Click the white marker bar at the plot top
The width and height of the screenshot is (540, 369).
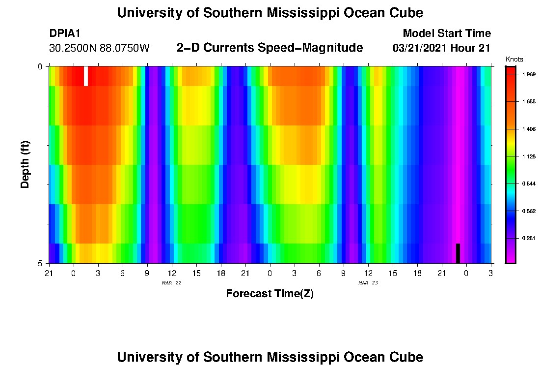[86, 76]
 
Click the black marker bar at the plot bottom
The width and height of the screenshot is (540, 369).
[458, 253]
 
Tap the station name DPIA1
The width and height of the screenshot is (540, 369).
[65, 33]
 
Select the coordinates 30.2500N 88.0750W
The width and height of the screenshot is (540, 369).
[99, 48]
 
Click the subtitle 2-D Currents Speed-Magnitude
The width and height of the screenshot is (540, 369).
[270, 48]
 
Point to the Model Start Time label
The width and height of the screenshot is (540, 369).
[446, 33]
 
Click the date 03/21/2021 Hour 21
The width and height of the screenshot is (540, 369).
[442, 48]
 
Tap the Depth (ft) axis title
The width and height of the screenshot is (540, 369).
[26, 164]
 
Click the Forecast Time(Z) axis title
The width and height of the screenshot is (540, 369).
[270, 294]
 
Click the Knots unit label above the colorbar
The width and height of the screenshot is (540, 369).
[514, 60]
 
